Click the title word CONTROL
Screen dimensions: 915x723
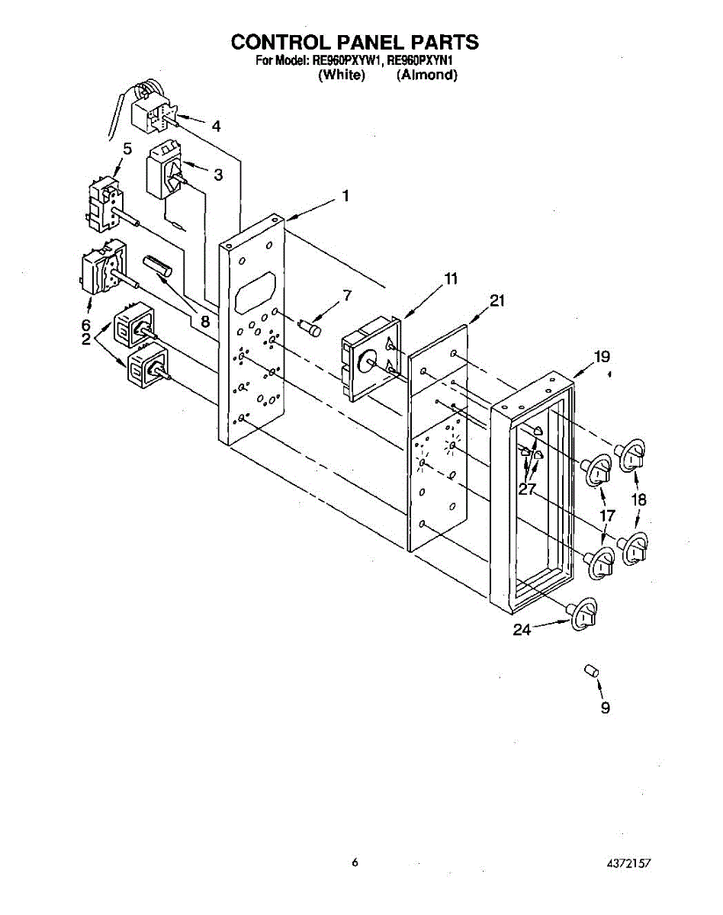281,42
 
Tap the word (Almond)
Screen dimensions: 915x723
427,75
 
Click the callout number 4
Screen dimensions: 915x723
217,127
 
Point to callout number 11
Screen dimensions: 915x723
451,279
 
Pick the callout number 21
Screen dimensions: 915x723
497,301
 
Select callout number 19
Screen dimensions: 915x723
602,356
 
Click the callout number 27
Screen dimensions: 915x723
527,490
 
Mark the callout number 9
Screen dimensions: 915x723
605,708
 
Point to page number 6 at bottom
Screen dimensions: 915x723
355,862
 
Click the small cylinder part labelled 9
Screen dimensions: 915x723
590,670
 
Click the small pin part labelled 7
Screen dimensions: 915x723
311,326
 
